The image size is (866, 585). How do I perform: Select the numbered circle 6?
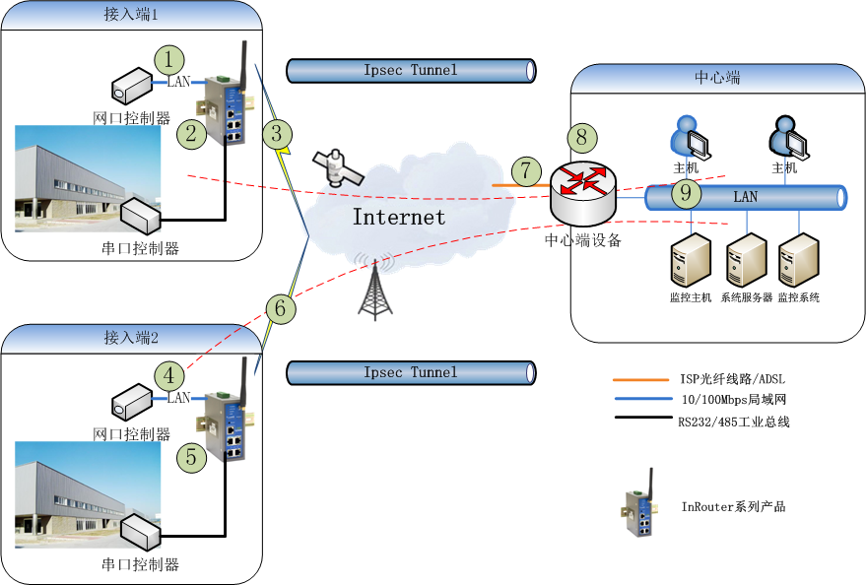point(281,309)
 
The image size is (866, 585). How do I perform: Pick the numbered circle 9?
point(687,193)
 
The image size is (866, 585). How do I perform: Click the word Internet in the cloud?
point(398,217)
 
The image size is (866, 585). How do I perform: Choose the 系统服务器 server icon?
point(746,261)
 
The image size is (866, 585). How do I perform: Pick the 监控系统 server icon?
point(798,261)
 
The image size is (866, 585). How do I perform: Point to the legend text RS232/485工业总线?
point(733,422)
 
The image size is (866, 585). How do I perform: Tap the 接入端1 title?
point(131,16)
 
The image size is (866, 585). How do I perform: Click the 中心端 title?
point(717,78)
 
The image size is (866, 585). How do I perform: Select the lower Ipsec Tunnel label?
point(411,372)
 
